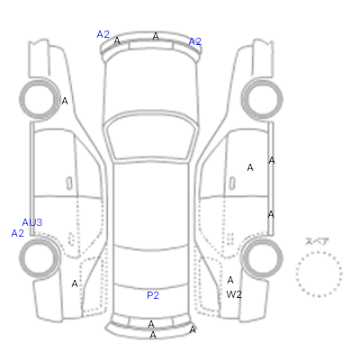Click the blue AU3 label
pyautogui.click(x=32, y=222)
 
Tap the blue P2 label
pyautogui.click(x=153, y=295)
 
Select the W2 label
pyautogui.click(x=234, y=294)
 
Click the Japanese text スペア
pyautogui.click(x=317, y=241)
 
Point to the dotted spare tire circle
pyautogui.click(x=319, y=251)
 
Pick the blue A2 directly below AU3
pyautogui.click(x=17, y=233)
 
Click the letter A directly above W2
pyautogui.click(x=230, y=280)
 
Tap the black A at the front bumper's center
pyautogui.click(x=156, y=36)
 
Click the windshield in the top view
pyautogui.click(x=153, y=137)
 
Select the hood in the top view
pyautogui.click(x=151, y=84)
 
